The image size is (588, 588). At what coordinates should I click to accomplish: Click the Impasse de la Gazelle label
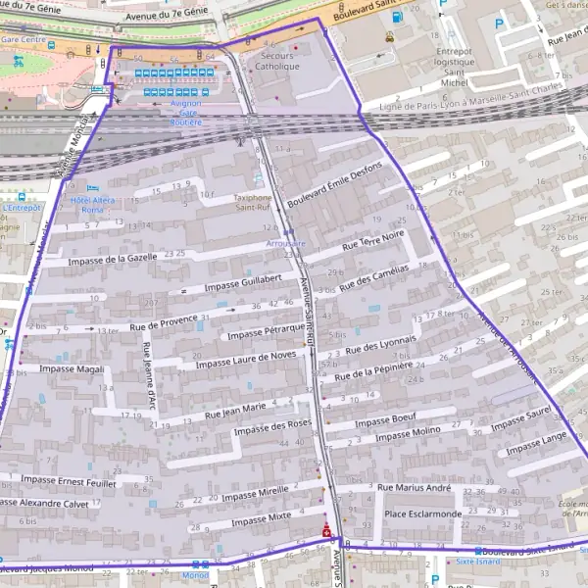pos(114,259)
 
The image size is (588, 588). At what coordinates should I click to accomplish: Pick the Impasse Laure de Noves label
pos(245,360)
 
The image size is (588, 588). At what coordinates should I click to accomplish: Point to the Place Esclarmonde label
pos(422,514)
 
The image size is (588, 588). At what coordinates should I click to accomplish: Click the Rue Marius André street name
pos(414,487)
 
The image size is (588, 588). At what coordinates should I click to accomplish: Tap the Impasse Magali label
pos(71,368)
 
